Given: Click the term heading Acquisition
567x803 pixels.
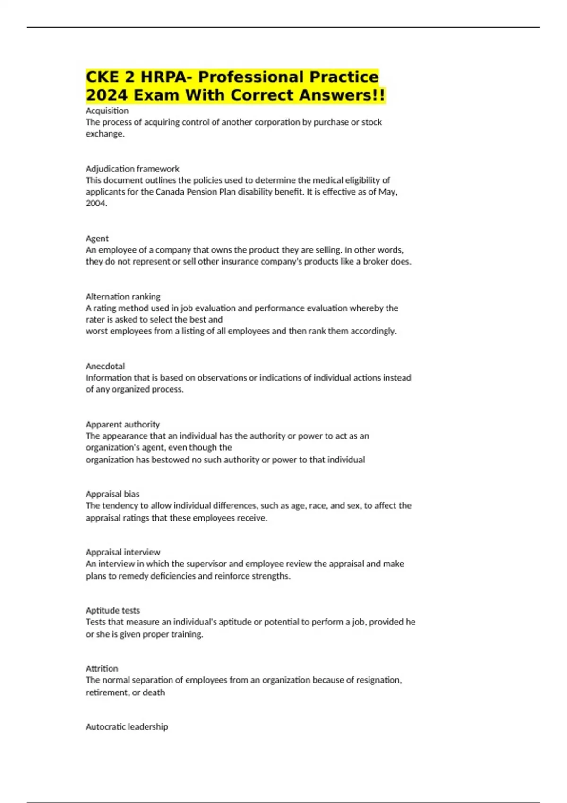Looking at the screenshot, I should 107,111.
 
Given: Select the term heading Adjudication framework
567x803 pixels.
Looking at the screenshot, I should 132,169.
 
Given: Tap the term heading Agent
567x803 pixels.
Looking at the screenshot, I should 97,239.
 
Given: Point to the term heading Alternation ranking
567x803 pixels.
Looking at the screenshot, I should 123,297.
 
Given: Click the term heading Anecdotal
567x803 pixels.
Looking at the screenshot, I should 105,366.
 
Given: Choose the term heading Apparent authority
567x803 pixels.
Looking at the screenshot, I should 122,424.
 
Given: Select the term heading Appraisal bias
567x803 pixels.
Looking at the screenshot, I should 112,494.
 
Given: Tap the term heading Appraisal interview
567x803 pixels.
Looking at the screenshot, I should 123,552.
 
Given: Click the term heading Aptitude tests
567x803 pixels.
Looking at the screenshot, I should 112,610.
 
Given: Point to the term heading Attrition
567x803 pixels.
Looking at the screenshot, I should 102,668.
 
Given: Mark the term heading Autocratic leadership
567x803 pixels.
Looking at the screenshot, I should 127,726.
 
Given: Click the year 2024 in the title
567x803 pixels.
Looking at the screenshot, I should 107,95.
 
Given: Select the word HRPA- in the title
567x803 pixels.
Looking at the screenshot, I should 167,77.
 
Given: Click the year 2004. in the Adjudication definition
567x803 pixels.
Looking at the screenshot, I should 96,204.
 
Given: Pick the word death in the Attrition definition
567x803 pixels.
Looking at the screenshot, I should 154,692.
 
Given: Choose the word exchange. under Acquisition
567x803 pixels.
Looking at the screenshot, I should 105,134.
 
